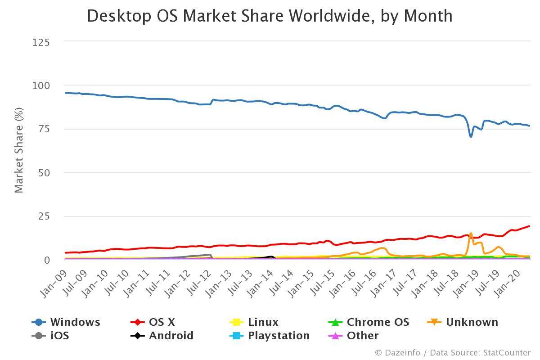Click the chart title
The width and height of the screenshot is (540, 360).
pos(270,16)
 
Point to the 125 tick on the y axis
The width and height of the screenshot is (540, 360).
pos(41,42)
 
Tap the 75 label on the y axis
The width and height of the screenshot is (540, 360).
pos(45,129)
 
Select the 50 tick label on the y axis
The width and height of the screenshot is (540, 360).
pos(45,173)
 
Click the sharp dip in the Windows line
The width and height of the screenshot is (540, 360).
pos(471,136)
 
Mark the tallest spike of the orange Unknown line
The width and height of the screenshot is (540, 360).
pos(471,234)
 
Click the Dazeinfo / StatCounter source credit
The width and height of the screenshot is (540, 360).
pos(453,353)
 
